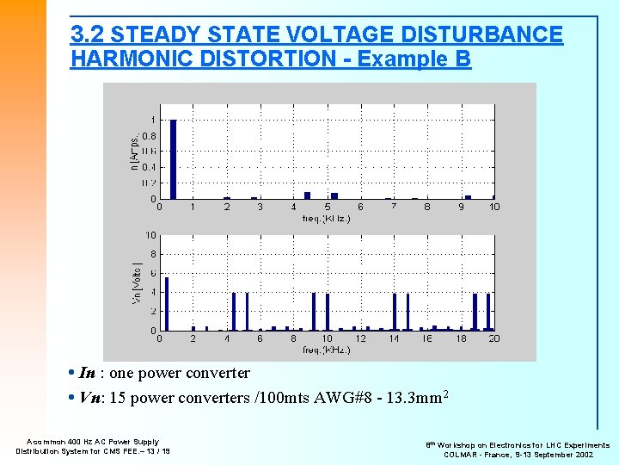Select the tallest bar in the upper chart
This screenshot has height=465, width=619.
pos(173,159)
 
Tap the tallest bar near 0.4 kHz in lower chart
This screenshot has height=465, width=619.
pos(167,303)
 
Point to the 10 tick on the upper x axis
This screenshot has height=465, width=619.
pos(494,207)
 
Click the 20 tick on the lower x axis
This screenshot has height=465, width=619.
pos(494,338)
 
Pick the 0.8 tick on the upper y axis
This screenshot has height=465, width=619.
pos(149,135)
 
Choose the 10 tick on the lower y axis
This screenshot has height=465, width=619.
pos(150,235)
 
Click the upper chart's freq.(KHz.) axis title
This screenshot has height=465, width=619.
pos(326,218)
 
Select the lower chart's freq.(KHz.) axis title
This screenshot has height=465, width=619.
pos(326,350)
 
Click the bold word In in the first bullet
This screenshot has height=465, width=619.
pos(87,374)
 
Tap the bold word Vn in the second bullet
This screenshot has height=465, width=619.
pos(88,397)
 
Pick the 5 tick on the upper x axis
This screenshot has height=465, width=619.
pos(327,207)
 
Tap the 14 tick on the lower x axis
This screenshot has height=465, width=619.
pos(394,338)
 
